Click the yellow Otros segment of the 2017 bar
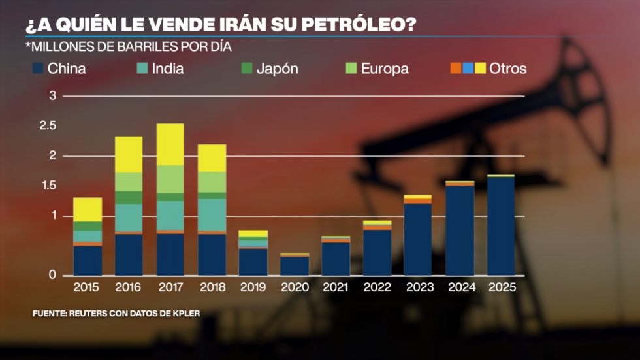coord(170,144)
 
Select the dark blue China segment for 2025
coord(501,226)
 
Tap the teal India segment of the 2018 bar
coord(212,215)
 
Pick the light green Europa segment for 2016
coord(129,182)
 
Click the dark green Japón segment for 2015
coord(88,226)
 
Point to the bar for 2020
coord(294,265)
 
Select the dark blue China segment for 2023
coord(417,239)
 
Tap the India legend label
coord(167,69)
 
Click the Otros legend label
coord(507,69)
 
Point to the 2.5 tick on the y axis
coord(48,125)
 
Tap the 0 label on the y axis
coord(53,276)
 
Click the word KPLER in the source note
coord(185,314)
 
